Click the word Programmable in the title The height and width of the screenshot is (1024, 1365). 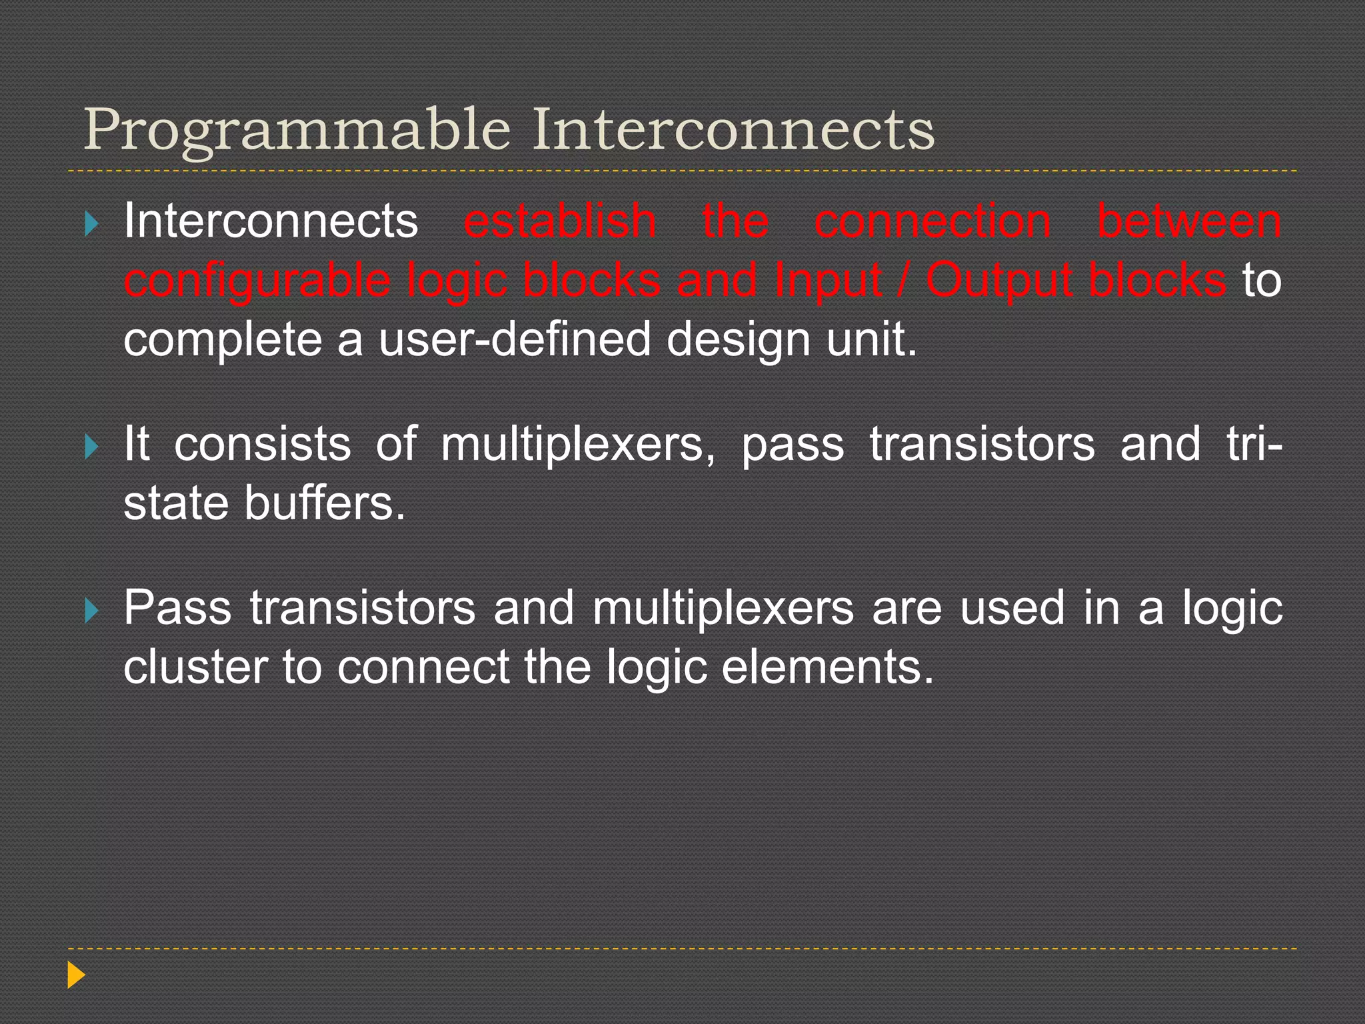tap(297, 130)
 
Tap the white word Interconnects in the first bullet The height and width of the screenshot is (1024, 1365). tap(271, 221)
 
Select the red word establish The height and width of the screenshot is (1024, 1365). tap(560, 221)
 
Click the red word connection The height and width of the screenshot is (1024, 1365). tap(932, 221)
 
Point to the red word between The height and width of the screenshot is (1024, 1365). tap(1189, 221)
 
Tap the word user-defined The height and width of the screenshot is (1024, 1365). tap(514, 339)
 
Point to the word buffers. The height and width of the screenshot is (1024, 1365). tap(325, 503)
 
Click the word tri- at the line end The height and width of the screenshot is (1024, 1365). tap(1254, 444)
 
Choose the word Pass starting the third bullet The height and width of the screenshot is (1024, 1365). tap(177, 607)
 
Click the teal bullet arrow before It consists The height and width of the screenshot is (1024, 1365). tap(92, 447)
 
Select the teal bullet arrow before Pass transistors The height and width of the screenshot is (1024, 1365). tap(92, 610)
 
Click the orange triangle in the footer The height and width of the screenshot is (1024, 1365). tap(76, 975)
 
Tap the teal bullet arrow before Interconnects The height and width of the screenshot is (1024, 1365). tap(92, 223)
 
